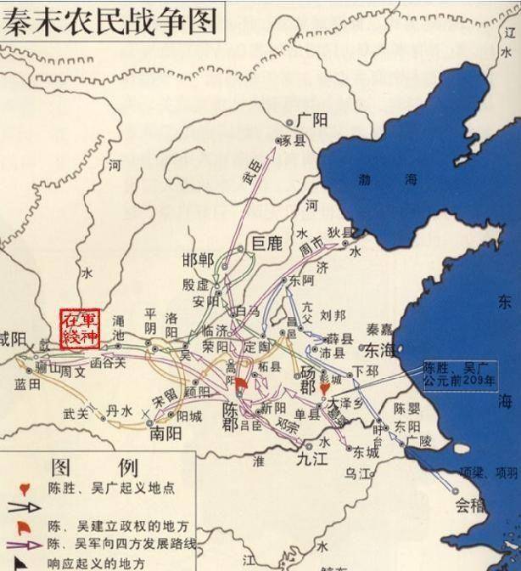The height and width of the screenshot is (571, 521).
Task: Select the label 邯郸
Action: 199,260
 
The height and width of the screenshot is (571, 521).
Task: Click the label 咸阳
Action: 14,340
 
